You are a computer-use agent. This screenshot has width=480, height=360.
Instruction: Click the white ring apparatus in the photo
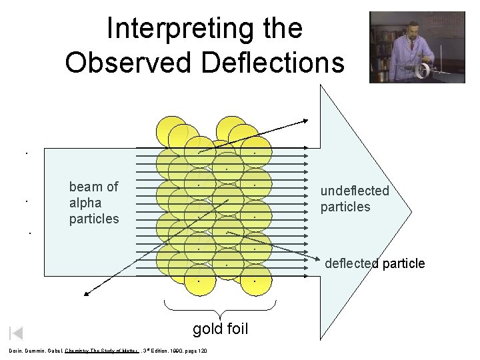tap(421, 69)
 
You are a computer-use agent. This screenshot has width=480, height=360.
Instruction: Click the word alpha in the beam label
tap(86, 203)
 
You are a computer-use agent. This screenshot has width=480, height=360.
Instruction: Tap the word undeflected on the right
tap(354, 191)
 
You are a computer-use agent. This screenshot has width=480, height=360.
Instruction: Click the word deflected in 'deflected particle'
tap(351, 263)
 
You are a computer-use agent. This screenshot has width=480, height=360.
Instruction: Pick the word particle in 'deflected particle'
tap(403, 263)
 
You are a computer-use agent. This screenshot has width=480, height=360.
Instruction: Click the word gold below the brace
tap(206, 329)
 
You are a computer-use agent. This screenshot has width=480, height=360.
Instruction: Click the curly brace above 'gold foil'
tap(219, 308)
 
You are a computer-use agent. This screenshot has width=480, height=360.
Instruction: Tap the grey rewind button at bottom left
tap(17, 333)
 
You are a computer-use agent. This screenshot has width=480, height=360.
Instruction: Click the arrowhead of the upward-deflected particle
tap(305, 121)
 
